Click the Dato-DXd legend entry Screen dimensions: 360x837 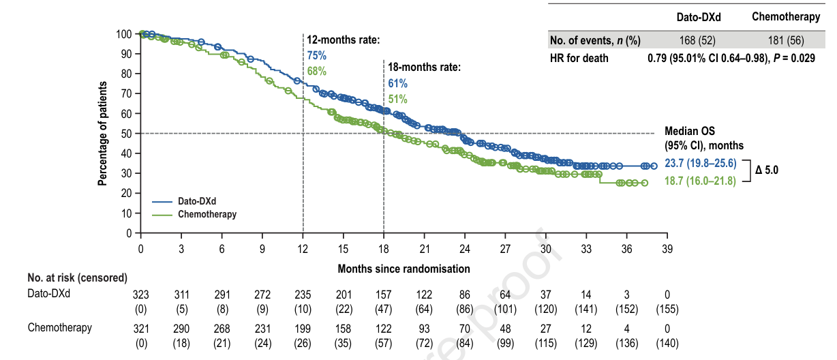(197, 202)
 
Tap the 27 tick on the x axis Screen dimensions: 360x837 (505, 249)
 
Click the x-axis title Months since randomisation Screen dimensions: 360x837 (404, 269)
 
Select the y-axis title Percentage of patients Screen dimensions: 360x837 (103, 133)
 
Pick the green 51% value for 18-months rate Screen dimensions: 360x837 (398, 100)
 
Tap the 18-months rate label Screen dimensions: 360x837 (425, 67)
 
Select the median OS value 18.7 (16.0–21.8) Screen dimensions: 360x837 (700, 181)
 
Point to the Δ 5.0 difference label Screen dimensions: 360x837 (766, 170)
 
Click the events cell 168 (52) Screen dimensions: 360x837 (694, 40)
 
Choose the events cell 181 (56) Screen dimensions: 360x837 (786, 40)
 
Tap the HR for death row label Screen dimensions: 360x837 (579, 58)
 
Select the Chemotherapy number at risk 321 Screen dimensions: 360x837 (140, 329)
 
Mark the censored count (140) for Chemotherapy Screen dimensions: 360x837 (667, 341)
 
